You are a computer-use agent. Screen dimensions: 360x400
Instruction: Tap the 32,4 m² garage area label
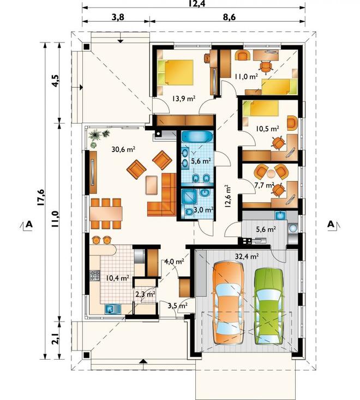click(x=247, y=256)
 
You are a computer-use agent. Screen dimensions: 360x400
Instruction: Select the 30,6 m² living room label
click(x=123, y=149)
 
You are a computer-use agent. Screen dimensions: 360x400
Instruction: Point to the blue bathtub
click(x=197, y=136)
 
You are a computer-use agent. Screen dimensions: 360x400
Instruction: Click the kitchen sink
click(x=112, y=309)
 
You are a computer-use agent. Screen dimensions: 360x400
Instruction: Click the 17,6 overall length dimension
click(x=41, y=197)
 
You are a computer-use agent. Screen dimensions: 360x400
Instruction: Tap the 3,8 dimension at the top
click(x=118, y=17)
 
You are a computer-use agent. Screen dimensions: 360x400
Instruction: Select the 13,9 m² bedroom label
click(x=184, y=98)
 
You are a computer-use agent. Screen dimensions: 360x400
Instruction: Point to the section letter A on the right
click(x=331, y=224)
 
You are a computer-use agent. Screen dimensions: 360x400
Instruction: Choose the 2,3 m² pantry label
click(x=145, y=294)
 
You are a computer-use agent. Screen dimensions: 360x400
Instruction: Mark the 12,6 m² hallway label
click(x=227, y=196)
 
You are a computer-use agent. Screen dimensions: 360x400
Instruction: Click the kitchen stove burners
click(x=94, y=275)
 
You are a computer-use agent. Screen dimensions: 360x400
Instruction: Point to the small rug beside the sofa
click(x=152, y=185)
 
